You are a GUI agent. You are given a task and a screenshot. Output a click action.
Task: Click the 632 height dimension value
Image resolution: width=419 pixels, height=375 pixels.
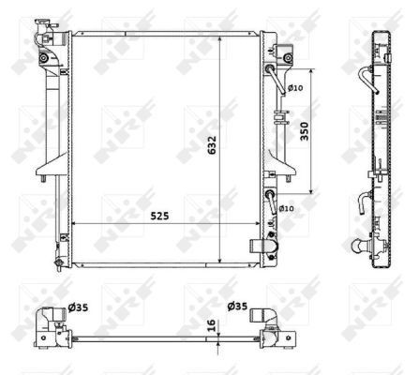[x=212, y=145]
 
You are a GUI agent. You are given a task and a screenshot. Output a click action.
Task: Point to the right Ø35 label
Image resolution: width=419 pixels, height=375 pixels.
[x=237, y=305]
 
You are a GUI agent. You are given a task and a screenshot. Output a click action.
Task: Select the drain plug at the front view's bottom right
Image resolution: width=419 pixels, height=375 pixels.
[x=260, y=247]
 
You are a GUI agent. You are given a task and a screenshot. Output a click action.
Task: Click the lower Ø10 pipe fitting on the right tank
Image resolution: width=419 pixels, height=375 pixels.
[x=271, y=197]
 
